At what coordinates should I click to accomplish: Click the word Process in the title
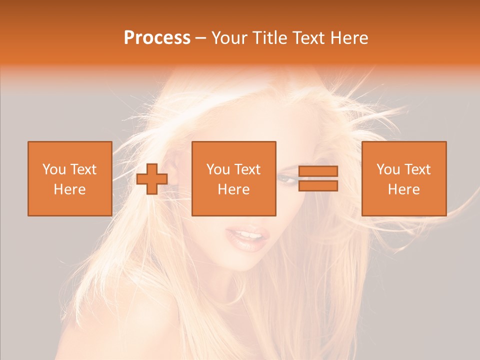point(157,38)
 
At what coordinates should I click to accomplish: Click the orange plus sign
point(152,179)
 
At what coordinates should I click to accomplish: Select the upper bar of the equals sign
point(318,171)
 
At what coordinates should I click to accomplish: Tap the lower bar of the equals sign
point(318,185)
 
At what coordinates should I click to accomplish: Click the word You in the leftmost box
point(53,169)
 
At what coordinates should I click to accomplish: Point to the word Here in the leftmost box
point(69,189)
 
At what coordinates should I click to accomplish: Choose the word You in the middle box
point(217,169)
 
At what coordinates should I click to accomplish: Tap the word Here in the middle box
point(233,189)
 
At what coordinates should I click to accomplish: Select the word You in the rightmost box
point(387,169)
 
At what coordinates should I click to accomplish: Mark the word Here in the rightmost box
point(403,189)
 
